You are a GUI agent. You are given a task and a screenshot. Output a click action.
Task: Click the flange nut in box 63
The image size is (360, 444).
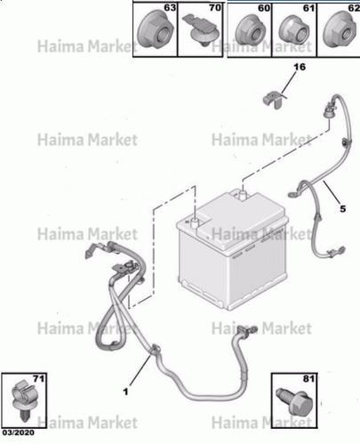(x=156, y=32)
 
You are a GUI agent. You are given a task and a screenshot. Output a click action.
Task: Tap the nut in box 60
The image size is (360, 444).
(x=250, y=31)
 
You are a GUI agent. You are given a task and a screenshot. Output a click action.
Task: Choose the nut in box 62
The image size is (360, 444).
(x=340, y=29)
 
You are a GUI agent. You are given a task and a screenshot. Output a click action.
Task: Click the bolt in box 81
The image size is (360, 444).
(x=295, y=402)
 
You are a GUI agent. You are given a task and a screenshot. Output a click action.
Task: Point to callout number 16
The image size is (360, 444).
(x=300, y=67)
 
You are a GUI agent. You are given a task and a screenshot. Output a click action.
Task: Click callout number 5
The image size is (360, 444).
(x=343, y=209)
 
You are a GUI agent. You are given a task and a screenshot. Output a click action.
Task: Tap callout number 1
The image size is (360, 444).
(x=125, y=392)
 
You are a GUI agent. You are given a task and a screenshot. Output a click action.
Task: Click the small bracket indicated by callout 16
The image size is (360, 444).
(x=272, y=100)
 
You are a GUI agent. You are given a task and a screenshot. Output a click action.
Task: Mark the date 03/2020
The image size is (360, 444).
(x=19, y=432)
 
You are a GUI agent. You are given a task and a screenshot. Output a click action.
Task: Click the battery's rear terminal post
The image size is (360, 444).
(x=243, y=195)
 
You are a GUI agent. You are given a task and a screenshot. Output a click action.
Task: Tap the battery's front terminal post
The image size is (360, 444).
(x=195, y=222)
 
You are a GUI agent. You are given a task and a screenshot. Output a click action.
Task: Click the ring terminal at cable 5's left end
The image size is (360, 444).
(x=293, y=195)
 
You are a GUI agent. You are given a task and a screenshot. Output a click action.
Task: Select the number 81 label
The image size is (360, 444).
(x=309, y=379)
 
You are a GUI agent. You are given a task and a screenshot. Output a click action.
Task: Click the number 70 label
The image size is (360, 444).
(x=215, y=8)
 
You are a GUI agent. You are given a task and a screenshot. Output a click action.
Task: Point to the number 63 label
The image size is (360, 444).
(x=170, y=8)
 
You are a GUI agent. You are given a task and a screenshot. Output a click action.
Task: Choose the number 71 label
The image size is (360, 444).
(x=39, y=379)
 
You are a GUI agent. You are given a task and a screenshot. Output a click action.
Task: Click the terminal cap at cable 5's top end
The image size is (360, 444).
(x=328, y=111)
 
